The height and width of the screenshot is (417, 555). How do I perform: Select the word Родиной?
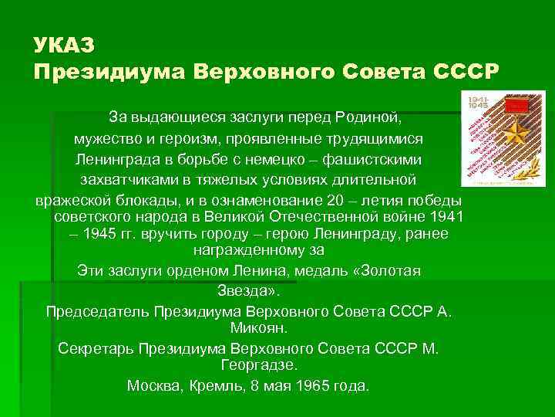pos(368,117)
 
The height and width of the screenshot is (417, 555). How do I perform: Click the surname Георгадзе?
pos(258,364)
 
